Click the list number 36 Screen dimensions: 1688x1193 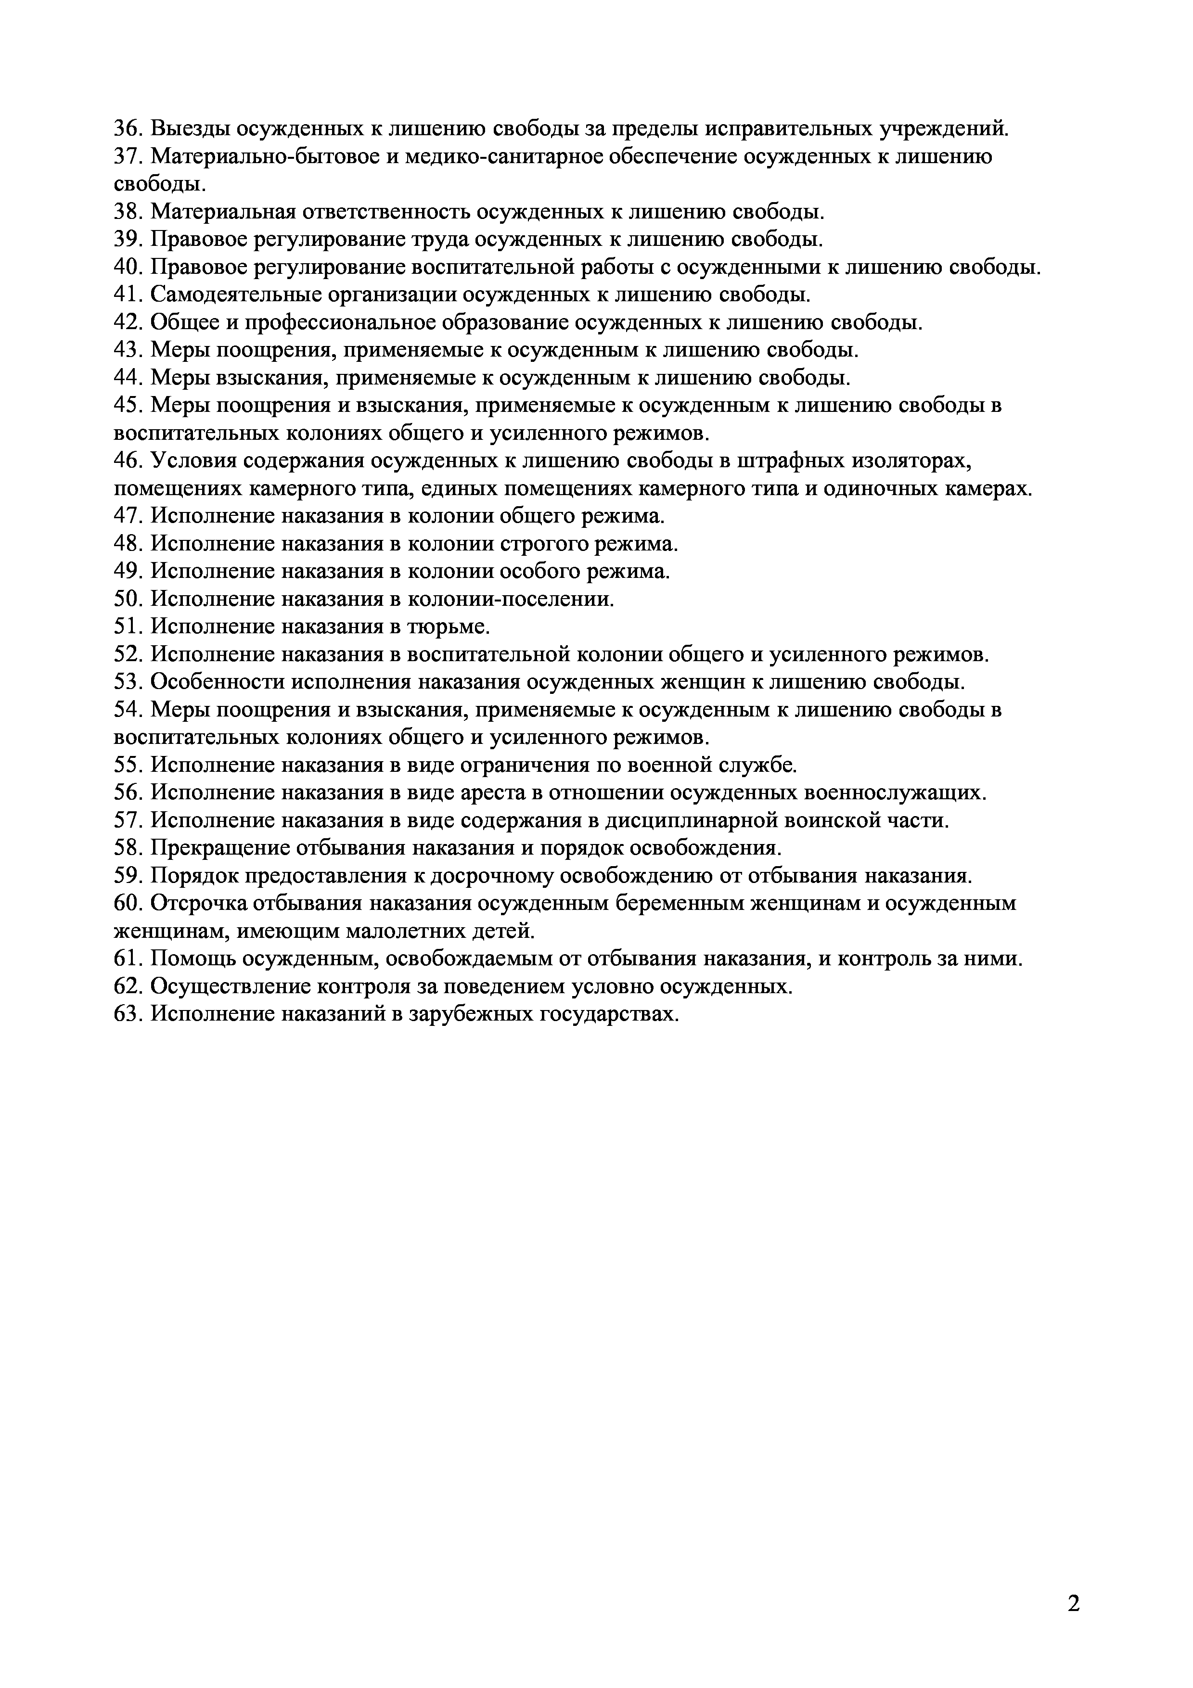(x=128, y=128)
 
